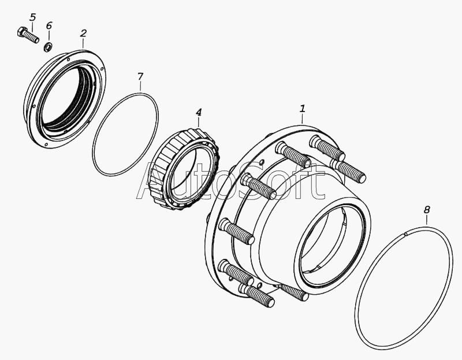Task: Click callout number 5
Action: (33, 17)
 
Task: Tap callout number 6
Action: (49, 25)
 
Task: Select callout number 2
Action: (83, 34)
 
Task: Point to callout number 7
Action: (140, 77)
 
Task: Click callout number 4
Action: (199, 112)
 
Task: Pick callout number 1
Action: (303, 109)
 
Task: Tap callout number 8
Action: (427, 210)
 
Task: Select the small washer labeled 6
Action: (48, 47)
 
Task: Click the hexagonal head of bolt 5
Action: (22, 31)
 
